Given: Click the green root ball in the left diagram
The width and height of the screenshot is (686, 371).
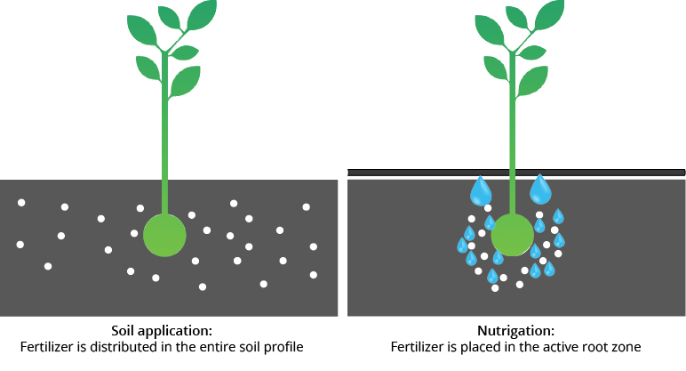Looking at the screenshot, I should tap(164, 235).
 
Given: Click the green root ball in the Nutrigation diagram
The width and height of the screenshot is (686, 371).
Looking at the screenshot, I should tap(512, 235).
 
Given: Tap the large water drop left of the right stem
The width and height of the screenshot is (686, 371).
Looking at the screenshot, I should tap(482, 190).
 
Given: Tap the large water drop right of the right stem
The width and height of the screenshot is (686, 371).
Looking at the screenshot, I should tap(540, 190).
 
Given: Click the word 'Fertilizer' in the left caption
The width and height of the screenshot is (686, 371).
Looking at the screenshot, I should tap(46, 347).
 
